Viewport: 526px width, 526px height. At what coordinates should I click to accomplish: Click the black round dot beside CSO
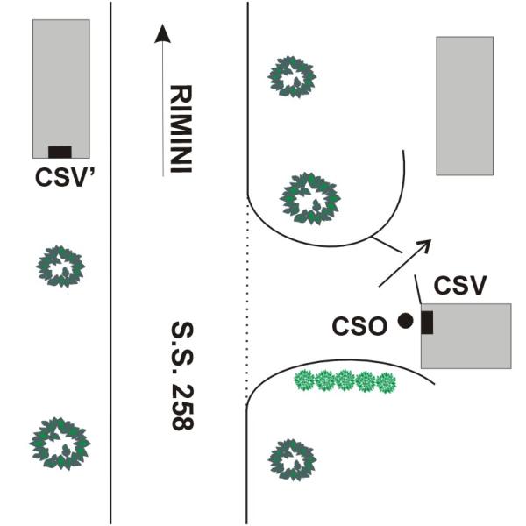[x=405, y=321]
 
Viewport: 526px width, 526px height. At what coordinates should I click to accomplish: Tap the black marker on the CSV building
[x=427, y=322]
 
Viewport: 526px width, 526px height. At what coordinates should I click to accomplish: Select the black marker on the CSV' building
[x=60, y=152]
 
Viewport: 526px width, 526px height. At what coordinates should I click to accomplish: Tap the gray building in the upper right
[x=465, y=105]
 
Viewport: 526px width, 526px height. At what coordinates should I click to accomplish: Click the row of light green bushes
[x=344, y=381]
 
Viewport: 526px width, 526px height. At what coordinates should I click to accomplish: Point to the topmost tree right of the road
[x=292, y=77]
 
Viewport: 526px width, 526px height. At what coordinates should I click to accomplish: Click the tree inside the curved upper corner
[x=309, y=198]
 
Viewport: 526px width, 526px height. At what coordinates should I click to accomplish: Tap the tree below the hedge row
[x=290, y=459]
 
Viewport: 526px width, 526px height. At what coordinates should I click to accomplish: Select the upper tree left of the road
[x=60, y=266]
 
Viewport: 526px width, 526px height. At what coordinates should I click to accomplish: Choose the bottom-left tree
[x=60, y=444]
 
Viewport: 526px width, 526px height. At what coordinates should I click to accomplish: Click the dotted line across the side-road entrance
[x=248, y=298]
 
